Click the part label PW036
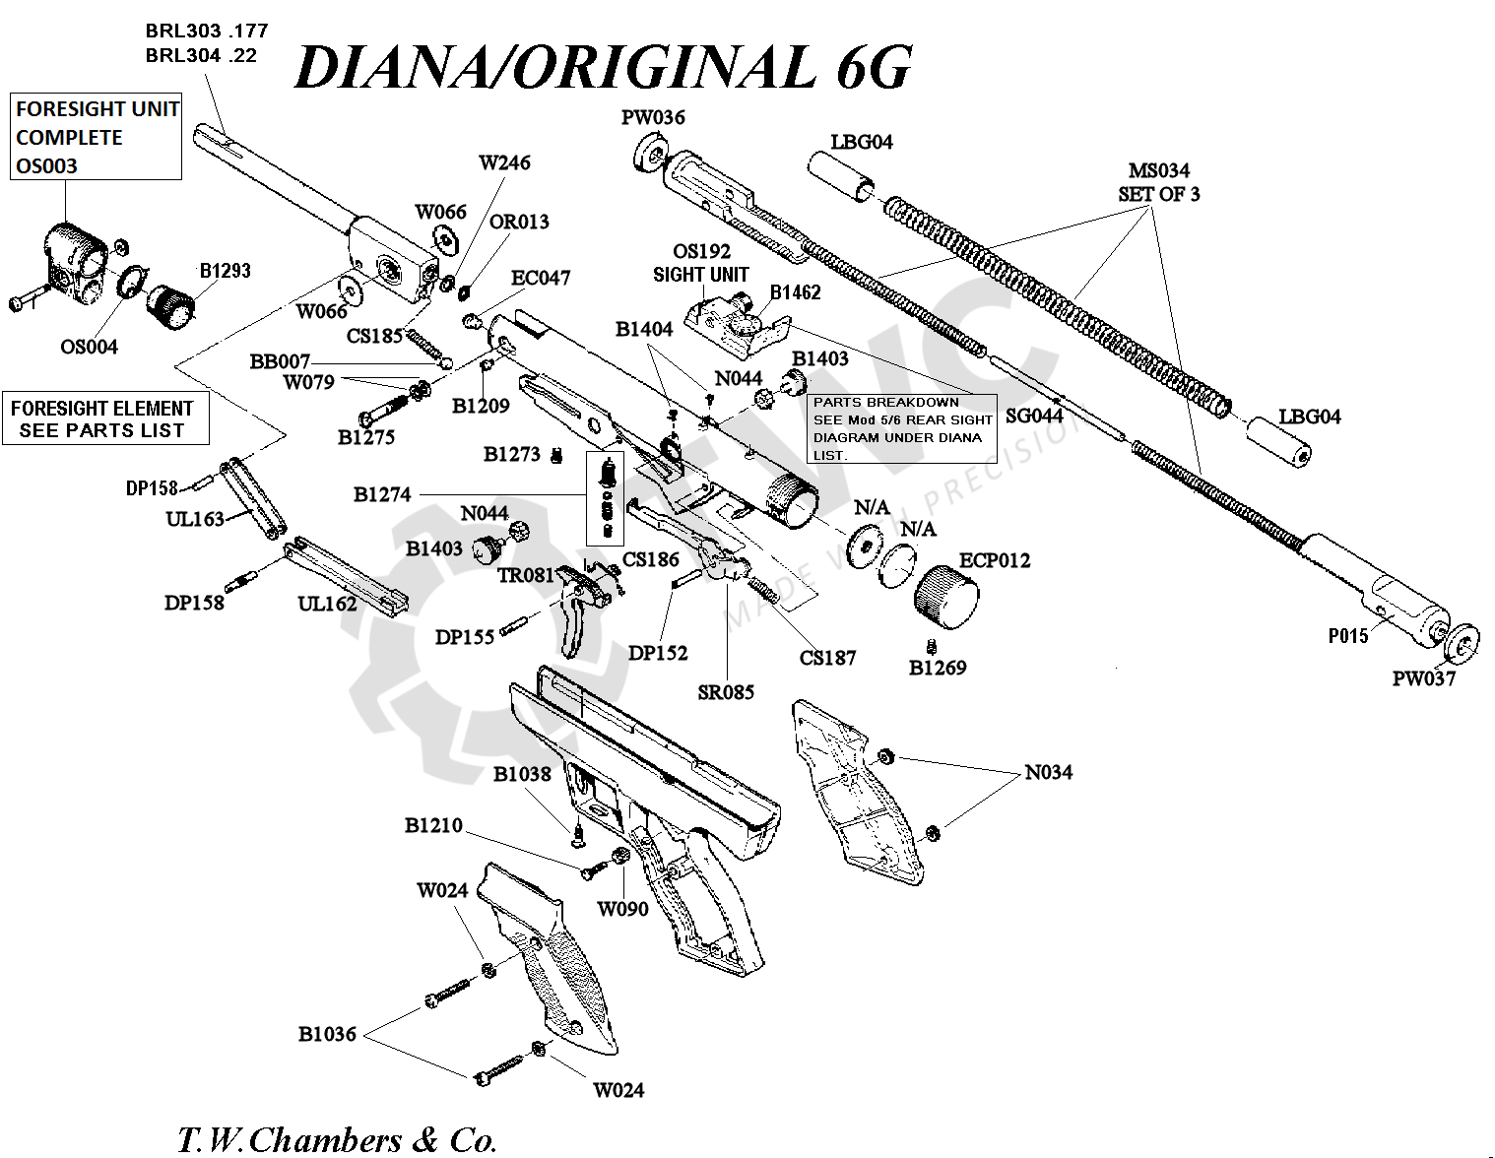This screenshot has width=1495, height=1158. coord(653,117)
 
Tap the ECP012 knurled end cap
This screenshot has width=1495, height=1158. coord(946,598)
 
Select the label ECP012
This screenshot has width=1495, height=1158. coord(995,560)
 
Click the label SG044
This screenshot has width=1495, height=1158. coord(1034,416)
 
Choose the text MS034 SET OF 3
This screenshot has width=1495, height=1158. coord(1158,182)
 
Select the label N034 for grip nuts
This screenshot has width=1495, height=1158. coord(1049,772)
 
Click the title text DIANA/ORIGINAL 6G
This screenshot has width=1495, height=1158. coord(604,67)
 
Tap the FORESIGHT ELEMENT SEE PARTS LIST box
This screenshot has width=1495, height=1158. coord(105,418)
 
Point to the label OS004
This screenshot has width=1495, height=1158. coord(89,347)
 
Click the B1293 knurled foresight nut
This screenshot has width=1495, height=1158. coord(170,306)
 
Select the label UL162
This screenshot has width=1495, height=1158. coord(327,604)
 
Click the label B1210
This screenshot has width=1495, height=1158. coord(433,825)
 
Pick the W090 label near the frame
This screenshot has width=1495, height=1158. coord(622,909)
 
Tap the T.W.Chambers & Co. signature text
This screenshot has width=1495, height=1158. coord(337,1140)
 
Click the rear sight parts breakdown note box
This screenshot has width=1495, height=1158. coord(902,428)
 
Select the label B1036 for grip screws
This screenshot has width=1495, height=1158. coord(327,1034)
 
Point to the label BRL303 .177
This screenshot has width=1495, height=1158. coord(207,31)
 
